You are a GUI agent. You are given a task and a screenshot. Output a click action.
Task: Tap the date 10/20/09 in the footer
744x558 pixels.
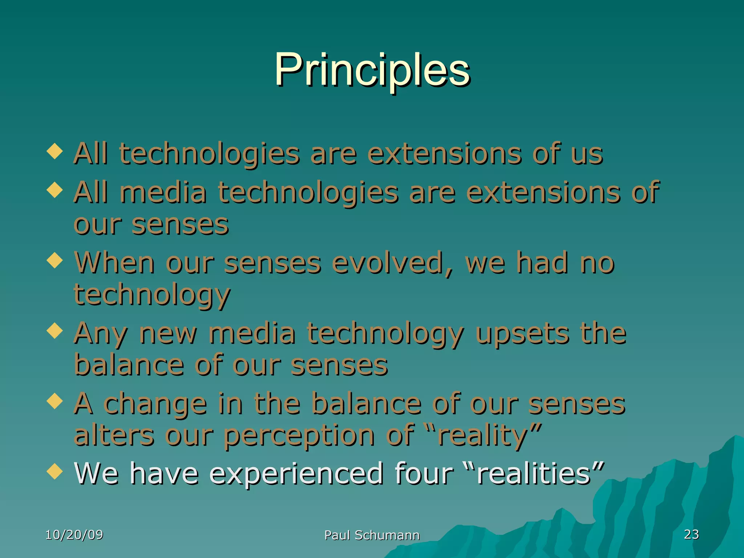tap(74, 535)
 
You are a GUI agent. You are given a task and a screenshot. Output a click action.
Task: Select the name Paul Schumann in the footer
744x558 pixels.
tap(372, 535)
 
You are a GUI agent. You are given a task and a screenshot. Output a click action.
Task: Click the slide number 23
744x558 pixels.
tap(691, 534)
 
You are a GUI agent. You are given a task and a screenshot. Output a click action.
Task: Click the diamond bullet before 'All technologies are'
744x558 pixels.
tap(55, 151)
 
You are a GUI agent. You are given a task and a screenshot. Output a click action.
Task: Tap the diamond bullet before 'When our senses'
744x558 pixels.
tap(55, 260)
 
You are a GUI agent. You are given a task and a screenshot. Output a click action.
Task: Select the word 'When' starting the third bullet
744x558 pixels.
tap(114, 262)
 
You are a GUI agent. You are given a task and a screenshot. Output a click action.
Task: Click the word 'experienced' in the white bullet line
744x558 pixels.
tap(296, 474)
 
